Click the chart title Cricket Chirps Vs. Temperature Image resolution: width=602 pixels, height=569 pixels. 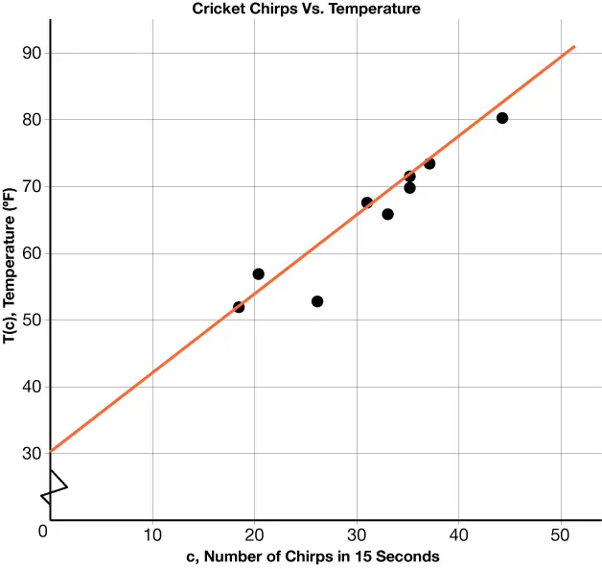coord(306,9)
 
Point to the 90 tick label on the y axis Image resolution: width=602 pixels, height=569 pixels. coord(32,54)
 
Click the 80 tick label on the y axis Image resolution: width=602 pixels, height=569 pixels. coord(32,121)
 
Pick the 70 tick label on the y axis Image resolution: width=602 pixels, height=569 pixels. coord(32,187)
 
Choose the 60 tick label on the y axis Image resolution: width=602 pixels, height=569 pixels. coord(32,254)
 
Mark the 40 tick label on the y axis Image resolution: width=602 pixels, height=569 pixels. coord(32,388)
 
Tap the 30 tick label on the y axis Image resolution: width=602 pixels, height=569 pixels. coord(32,454)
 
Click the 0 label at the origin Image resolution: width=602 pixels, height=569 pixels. coord(42,532)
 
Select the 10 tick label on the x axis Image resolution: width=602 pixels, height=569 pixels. coord(152,534)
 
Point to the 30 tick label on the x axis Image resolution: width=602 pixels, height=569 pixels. coord(357,534)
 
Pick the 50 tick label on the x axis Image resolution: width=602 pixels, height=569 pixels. coord(561,534)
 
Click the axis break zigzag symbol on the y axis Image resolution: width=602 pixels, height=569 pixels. coord(53,487)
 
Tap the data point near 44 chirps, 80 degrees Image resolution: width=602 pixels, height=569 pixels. coord(501,118)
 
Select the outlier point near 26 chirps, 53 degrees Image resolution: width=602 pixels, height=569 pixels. coord(317,301)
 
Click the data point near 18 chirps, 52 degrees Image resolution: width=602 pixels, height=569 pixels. coord(239,307)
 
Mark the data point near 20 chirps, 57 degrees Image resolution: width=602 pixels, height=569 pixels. coord(258,274)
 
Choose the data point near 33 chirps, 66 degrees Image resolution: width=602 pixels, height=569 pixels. coord(387,214)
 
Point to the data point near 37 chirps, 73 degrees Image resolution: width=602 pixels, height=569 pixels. coord(429,163)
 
